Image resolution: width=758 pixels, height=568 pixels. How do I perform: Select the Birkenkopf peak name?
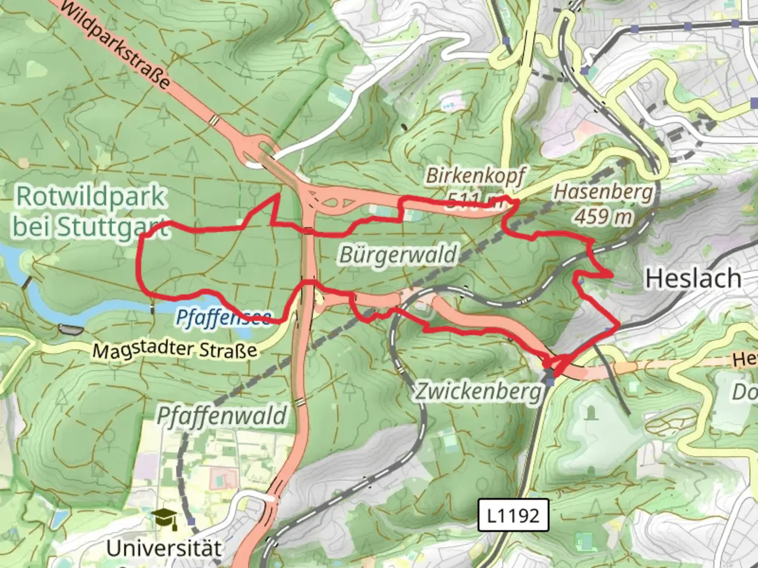point(475,176)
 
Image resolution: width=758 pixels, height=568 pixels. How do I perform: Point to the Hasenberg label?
point(603,192)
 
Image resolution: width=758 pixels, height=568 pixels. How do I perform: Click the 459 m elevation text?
point(603,216)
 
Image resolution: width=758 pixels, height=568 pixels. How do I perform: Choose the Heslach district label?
point(693,278)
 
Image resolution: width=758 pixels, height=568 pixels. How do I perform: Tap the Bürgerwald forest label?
point(398,255)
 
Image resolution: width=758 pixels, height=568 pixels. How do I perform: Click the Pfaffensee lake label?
point(223,317)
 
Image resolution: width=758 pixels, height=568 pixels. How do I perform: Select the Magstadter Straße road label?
point(175,349)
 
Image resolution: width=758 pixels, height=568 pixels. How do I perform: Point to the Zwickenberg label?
point(478,391)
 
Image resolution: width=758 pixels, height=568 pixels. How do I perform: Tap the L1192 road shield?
point(513,515)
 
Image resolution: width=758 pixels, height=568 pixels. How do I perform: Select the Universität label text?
point(164,548)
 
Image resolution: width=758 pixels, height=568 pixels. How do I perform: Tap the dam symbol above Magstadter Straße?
point(71,330)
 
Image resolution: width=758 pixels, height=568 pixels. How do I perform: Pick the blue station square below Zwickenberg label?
point(550,381)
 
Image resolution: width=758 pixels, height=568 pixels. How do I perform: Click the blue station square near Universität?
point(191,521)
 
